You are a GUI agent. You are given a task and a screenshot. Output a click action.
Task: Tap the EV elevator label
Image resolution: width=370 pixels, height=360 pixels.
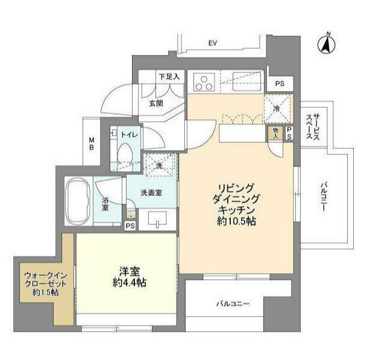(x=213, y=43)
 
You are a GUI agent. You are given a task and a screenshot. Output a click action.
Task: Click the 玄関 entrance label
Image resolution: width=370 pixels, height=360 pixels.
(x=156, y=103)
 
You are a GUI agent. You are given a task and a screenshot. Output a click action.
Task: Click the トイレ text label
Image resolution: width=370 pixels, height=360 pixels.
(x=130, y=136)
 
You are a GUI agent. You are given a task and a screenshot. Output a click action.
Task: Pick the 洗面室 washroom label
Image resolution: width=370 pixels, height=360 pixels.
(x=151, y=194)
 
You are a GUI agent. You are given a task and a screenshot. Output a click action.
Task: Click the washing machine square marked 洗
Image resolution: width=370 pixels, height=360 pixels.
(x=160, y=163)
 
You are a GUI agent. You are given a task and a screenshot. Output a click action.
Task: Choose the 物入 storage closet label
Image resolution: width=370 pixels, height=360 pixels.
(x=275, y=133)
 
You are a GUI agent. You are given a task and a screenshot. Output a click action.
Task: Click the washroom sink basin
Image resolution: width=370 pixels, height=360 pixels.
(x=158, y=221)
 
